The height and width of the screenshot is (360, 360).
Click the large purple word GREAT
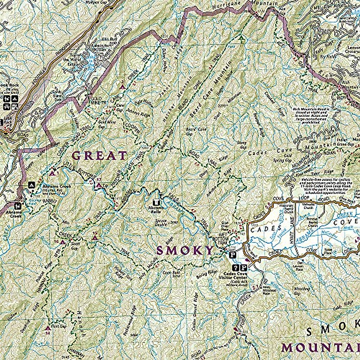(x=100, y=156)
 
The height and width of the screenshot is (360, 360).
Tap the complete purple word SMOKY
(x=185, y=250)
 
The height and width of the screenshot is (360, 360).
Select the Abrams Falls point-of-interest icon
(x=156, y=203)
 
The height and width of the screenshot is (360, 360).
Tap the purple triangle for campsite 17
(x=99, y=185)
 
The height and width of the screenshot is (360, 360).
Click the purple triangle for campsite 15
(x=94, y=238)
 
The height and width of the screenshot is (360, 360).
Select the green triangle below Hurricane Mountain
(x=241, y=38)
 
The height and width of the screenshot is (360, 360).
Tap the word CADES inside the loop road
(x=263, y=230)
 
